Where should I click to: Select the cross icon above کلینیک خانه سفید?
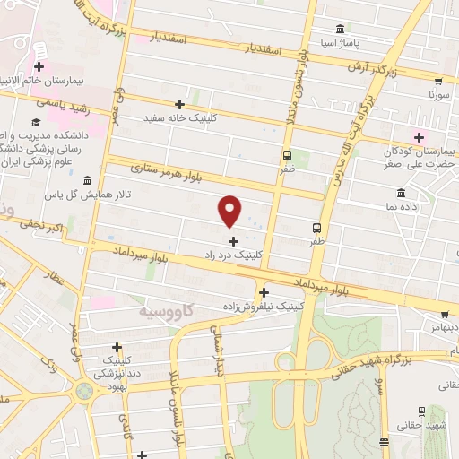point(180,104)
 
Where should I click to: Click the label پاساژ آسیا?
point(340,42)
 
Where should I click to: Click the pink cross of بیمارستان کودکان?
point(418,136)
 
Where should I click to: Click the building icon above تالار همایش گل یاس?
point(86,180)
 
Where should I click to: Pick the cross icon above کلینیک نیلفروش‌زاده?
point(264,292)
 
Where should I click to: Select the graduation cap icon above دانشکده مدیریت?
point(35,122)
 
